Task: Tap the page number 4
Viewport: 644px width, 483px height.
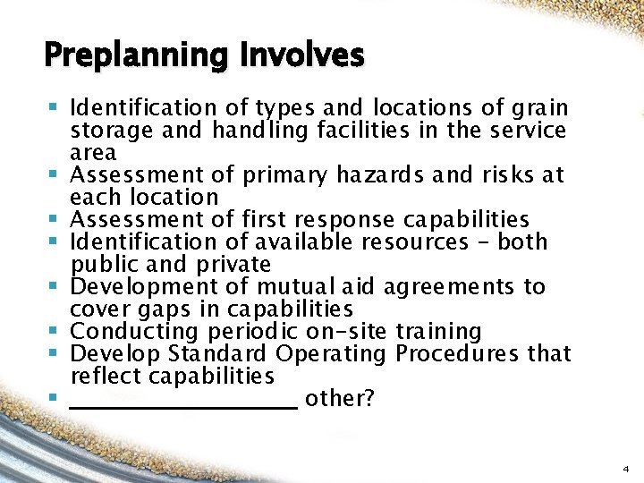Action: pos(625,469)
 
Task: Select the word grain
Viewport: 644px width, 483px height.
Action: pos(539,109)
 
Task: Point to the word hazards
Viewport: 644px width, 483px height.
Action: pos(388,175)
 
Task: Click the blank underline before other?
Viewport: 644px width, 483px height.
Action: pos(182,404)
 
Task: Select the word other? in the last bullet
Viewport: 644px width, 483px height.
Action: pos(339,399)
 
